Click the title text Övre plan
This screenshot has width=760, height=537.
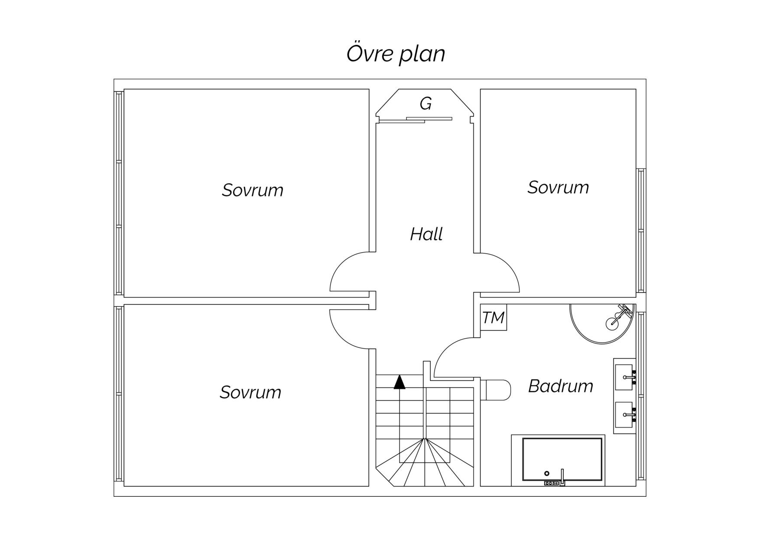tap(396, 54)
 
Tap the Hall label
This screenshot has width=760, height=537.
tap(426, 234)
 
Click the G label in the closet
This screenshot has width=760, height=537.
tap(426, 104)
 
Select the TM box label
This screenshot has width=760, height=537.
tap(494, 318)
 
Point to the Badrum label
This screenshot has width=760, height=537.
tap(561, 386)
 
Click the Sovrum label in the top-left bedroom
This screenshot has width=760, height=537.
tap(253, 190)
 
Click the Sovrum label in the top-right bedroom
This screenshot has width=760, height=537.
tap(558, 188)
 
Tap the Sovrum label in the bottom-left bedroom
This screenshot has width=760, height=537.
tap(250, 392)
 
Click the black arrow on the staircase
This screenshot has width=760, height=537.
tap(399, 382)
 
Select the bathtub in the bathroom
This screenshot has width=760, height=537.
tap(562, 460)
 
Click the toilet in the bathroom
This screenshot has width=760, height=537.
tap(496, 390)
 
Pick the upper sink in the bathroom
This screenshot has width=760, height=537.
tap(624, 377)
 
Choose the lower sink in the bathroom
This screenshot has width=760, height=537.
tap(624, 414)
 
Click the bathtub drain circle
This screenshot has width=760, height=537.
tap(547, 473)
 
